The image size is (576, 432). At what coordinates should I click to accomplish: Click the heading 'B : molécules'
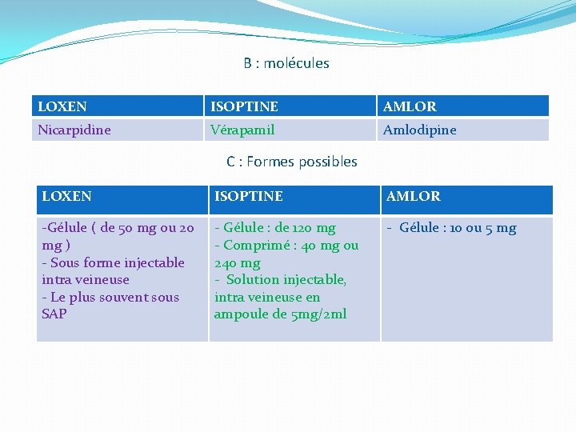(x=286, y=63)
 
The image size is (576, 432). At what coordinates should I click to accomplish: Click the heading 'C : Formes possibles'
(x=291, y=162)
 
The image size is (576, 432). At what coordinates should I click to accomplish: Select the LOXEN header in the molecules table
(x=62, y=106)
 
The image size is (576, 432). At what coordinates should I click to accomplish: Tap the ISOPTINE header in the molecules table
(x=244, y=106)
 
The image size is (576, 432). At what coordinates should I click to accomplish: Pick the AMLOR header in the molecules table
(x=410, y=106)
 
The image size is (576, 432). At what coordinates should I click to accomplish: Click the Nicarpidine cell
(x=74, y=130)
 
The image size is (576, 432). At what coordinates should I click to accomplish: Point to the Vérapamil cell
(x=242, y=130)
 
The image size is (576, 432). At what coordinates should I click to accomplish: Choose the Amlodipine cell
(x=419, y=130)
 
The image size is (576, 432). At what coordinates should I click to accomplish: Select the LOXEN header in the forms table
(x=66, y=196)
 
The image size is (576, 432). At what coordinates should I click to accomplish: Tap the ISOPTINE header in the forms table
(x=248, y=196)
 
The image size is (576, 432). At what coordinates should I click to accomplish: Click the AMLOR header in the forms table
(x=413, y=196)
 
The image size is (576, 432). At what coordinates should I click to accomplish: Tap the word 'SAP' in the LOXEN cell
(x=54, y=314)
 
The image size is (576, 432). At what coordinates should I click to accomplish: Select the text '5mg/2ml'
(x=319, y=314)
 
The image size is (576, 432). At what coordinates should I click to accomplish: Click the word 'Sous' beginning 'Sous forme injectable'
(x=64, y=262)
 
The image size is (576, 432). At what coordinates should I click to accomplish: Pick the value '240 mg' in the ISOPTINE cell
(x=237, y=263)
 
